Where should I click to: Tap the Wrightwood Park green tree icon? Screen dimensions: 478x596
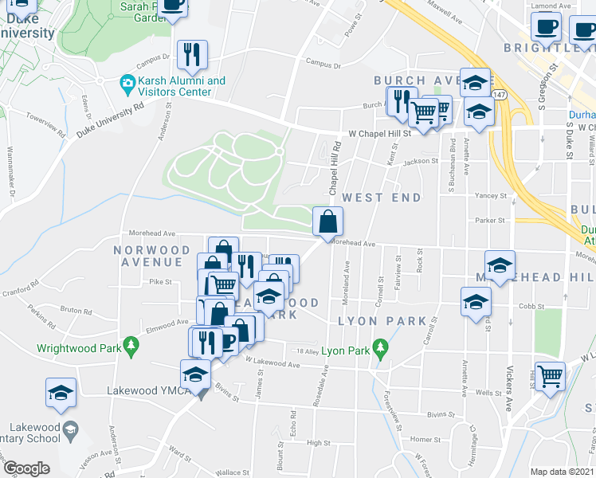click(134, 343)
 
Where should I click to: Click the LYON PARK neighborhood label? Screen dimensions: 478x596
click(372, 320)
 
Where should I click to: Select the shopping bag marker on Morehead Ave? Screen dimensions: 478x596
click(327, 222)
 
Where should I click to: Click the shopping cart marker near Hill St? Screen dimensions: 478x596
click(551, 375)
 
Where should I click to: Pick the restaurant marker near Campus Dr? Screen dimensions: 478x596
click(191, 55)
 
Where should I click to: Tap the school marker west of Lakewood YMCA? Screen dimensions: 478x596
click(61, 394)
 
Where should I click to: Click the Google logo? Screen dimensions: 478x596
click(26, 468)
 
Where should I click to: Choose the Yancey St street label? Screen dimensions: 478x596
click(490, 195)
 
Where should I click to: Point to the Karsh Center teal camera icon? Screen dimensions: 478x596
click(127, 82)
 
